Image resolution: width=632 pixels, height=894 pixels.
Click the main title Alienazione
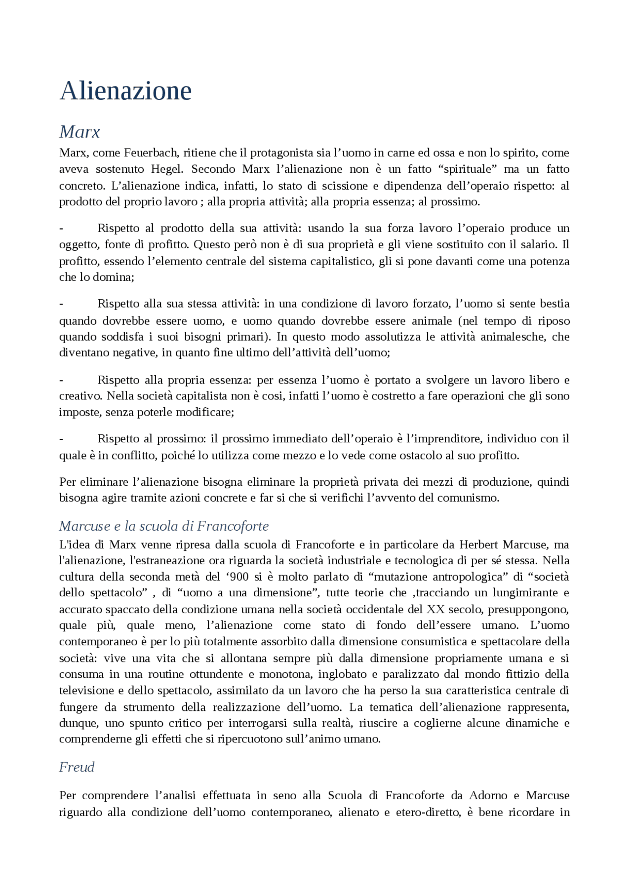coord(125,91)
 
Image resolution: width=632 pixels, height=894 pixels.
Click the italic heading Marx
coord(79,132)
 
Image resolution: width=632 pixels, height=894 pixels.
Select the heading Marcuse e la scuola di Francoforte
coord(164,526)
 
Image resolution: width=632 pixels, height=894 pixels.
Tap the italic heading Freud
coord(77,767)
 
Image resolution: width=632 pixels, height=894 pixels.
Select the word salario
coord(540,244)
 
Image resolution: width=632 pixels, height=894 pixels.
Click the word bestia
coord(554,304)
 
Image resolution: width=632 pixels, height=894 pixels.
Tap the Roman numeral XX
coord(435,609)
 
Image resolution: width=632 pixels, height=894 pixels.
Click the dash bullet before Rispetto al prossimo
coord(61,439)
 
